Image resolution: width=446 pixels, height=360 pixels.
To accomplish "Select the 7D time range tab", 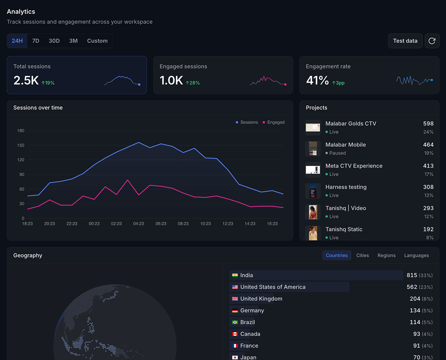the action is (36, 41).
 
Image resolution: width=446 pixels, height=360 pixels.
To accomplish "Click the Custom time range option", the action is (97, 41).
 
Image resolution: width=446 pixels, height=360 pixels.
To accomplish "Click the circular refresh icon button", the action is (432, 41).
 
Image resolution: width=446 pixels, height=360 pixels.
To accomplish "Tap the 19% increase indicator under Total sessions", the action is (48, 83).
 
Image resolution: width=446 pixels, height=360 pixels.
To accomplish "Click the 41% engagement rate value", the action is (317, 80).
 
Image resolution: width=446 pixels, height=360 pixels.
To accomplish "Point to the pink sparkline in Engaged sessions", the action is (268, 81).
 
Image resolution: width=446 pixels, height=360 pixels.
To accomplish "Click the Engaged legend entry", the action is (273, 122).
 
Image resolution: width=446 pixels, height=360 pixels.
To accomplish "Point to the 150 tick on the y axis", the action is (21, 145).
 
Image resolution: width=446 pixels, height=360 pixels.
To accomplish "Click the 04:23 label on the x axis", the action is (139, 223).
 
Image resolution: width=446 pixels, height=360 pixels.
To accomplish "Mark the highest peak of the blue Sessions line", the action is (139, 142).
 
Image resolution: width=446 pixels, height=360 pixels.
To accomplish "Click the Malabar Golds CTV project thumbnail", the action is (313, 127).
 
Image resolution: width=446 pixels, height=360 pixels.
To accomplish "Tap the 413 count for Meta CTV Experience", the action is (428, 166).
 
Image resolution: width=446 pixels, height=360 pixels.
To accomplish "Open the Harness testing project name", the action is (346, 187).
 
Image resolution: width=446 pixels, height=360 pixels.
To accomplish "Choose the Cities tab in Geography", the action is (362, 255).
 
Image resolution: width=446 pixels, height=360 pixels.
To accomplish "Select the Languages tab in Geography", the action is (417, 255).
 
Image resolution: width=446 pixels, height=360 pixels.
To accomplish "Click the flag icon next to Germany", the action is (235, 310).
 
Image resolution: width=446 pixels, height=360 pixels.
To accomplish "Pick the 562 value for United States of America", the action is (412, 287).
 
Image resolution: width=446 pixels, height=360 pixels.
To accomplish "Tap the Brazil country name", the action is (248, 322).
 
